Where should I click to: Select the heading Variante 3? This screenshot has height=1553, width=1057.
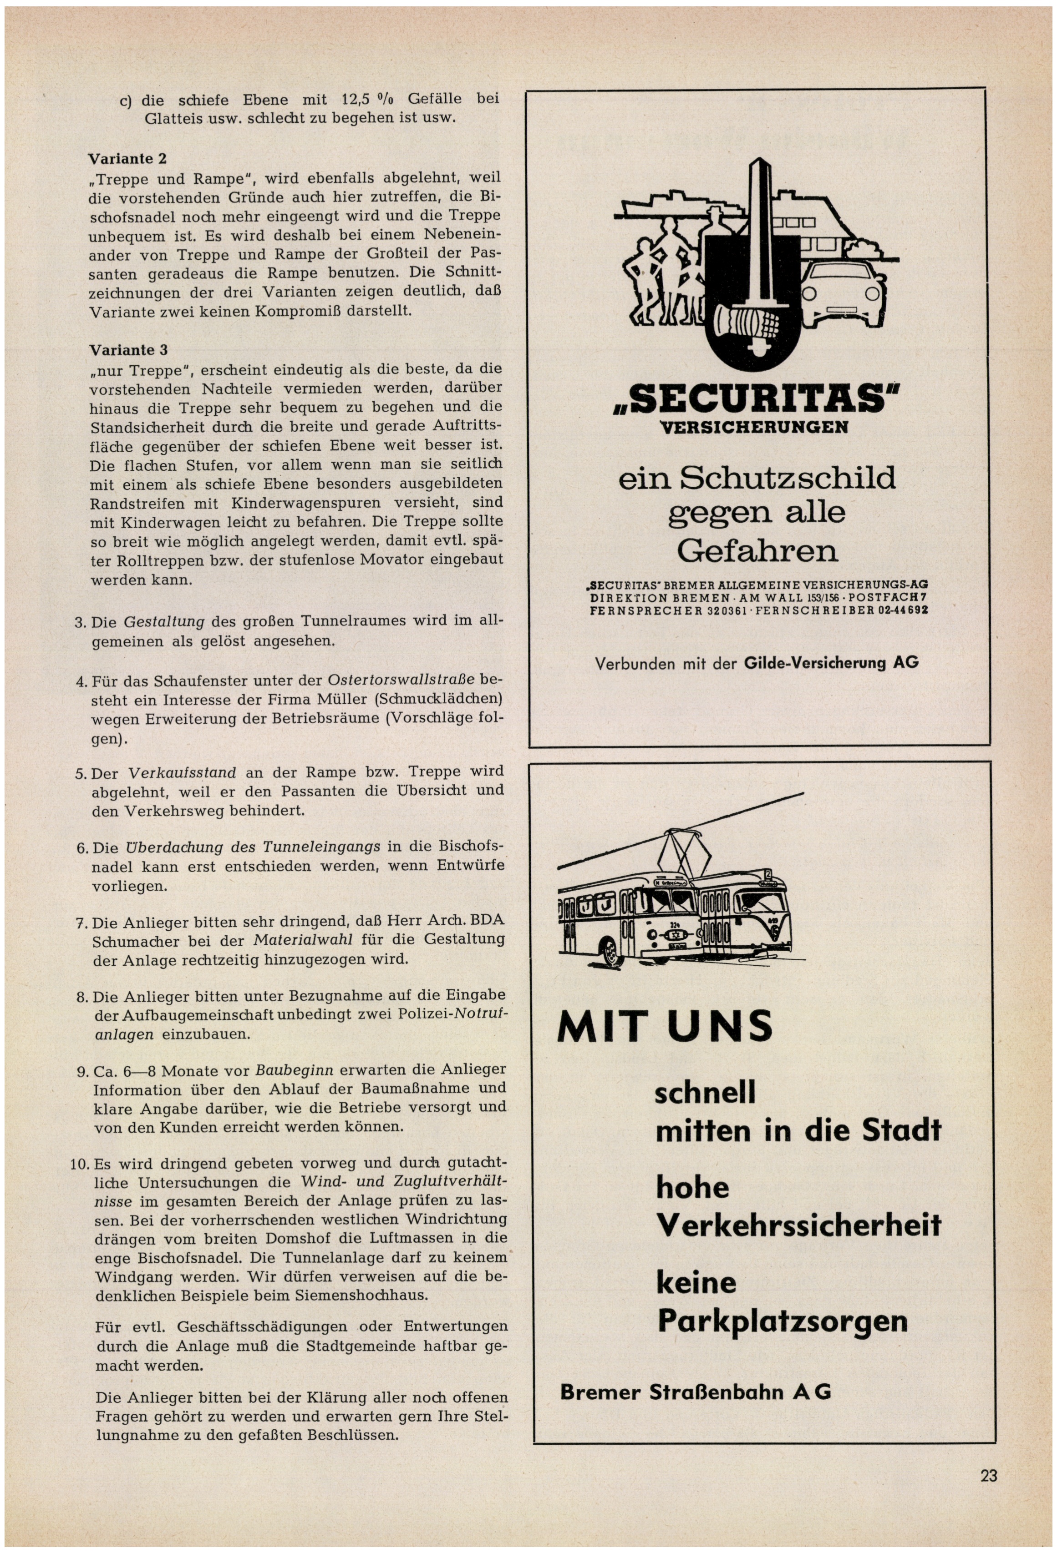click(128, 350)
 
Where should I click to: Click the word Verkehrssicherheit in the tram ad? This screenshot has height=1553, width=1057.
click(798, 1225)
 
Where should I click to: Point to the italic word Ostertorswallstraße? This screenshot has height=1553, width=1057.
click(401, 680)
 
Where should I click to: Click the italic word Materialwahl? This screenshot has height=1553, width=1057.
click(303, 941)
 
